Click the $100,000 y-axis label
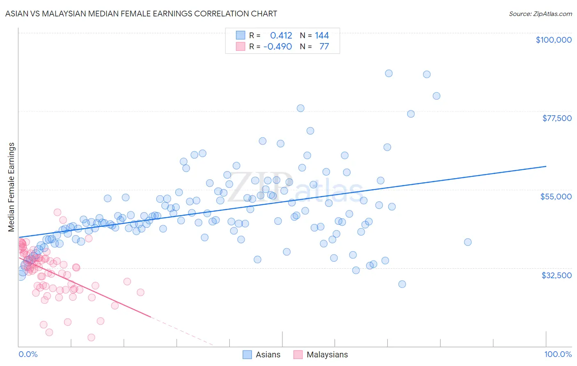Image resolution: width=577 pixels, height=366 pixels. pos(554,40)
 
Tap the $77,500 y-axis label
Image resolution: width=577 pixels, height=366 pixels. pos(557,118)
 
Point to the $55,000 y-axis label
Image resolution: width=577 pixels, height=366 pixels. pos(556,197)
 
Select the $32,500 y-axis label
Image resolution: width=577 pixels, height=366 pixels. pos(556,275)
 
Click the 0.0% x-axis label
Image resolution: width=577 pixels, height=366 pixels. pos(28,354)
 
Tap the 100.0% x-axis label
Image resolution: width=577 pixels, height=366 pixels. pos(558,354)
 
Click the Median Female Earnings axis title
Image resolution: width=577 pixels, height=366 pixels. pos(11,187)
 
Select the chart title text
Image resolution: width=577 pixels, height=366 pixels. pos(141,14)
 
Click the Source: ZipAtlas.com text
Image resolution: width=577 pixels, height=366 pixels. pos(540,14)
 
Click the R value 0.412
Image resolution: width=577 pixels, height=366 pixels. pos(281,36)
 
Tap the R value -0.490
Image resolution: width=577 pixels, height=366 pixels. pos(278,46)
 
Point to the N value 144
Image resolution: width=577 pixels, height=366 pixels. pos(322,36)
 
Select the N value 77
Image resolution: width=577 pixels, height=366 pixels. pos(324,46)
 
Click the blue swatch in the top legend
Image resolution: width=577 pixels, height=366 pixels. pos(240,35)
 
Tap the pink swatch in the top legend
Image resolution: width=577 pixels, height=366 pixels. pos(240,46)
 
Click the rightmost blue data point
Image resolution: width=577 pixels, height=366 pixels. pos(467,242)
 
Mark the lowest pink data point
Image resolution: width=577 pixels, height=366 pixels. pos(91,337)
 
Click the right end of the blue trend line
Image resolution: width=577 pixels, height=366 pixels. pos(546,166)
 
